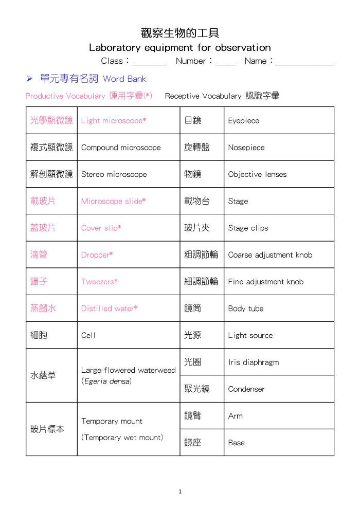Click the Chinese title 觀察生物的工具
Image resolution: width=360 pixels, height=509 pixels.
180,33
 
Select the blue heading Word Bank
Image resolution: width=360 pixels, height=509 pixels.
124,79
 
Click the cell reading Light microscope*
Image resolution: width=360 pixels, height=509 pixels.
114,121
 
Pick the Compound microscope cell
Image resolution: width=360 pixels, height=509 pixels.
121,148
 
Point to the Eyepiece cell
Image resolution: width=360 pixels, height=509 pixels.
244,121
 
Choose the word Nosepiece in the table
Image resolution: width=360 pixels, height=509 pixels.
246,148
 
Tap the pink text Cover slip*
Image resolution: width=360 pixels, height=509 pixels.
101,228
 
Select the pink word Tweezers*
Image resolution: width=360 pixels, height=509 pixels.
100,282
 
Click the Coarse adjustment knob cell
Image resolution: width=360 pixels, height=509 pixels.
270,255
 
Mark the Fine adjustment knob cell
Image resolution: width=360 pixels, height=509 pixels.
266,282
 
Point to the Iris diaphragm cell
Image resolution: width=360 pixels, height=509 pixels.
254,362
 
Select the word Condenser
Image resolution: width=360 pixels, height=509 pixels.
246,389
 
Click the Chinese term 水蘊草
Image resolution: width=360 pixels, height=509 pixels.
43,375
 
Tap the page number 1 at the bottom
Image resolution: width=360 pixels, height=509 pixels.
180,492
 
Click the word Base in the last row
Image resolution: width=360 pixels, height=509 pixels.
237,443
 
